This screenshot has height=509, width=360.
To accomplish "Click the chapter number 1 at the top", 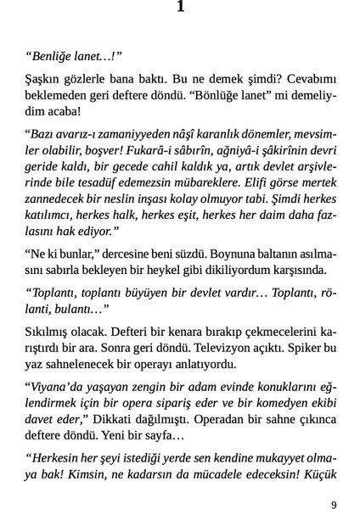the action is point(180,8).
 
